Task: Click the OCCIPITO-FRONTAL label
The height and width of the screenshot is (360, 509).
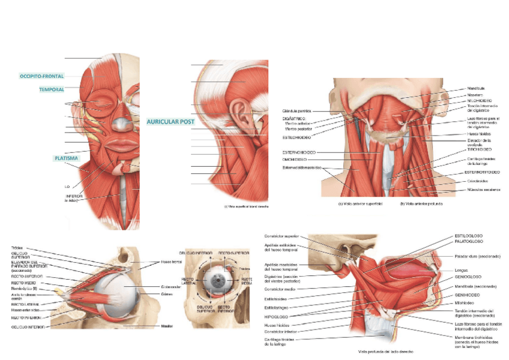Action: click(41, 76)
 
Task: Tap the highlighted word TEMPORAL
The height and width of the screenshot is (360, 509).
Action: click(52, 89)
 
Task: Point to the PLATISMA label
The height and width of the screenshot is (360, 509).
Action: click(65, 158)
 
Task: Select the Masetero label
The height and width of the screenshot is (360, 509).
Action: click(475, 94)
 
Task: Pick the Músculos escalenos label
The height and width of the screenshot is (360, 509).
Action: click(484, 190)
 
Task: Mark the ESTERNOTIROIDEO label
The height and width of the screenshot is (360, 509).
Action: click(483, 172)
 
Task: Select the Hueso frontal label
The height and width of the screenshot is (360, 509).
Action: click(171, 262)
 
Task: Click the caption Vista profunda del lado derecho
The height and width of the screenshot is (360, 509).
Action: click(384, 351)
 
